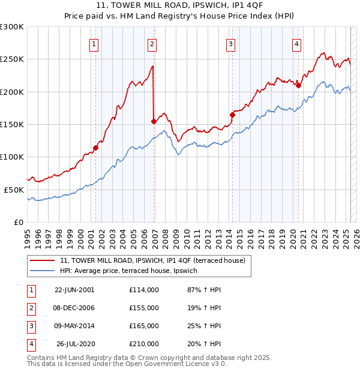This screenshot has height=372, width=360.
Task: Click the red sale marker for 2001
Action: click(95, 148)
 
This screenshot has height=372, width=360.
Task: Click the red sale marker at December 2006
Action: click(154, 121)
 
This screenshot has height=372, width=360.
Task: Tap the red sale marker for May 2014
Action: click(232, 115)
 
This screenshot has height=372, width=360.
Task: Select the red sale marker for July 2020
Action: click(298, 85)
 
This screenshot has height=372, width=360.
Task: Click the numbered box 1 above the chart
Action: click(95, 43)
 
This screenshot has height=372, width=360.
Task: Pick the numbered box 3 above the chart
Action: click(231, 43)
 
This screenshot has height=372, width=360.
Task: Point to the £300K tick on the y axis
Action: click(12, 27)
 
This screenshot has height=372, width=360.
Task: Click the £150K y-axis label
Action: click(12, 124)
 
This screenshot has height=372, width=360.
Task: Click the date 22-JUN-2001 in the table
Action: click(74, 290)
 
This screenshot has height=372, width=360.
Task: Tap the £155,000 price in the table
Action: click(144, 308)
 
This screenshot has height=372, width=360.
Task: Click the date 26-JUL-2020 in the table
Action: click(76, 344)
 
